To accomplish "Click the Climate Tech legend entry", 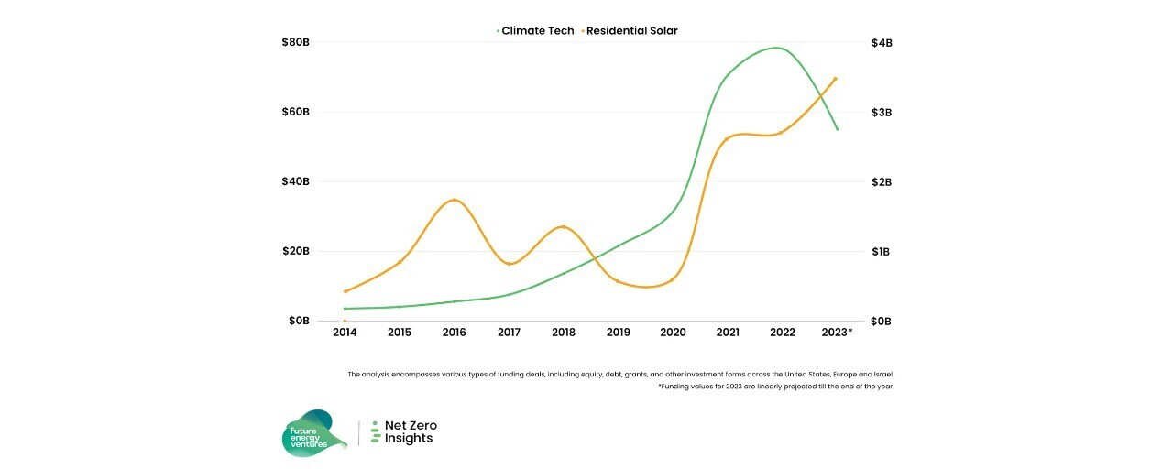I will coord(536,31).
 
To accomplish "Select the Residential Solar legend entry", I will coord(630,31).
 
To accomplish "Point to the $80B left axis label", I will coord(296,43).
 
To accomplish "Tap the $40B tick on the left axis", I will coord(296,182).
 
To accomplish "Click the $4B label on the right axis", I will coord(881,43).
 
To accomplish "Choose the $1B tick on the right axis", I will coord(881,252).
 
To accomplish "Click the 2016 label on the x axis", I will coord(454,333).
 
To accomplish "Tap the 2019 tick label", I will coord(619,333).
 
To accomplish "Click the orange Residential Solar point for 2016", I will coord(455,201).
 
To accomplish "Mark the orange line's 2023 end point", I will coord(835,79).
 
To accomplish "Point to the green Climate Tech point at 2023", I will coord(837,129).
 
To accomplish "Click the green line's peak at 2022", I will coord(778,48).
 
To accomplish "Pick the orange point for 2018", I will coord(563,227).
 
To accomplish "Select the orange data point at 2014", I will coord(345,291).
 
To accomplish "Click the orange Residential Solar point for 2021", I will coord(727,139).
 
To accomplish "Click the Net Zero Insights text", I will coord(410,432).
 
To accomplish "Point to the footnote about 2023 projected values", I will coord(774,387).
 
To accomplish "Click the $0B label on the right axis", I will coord(881,322).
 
